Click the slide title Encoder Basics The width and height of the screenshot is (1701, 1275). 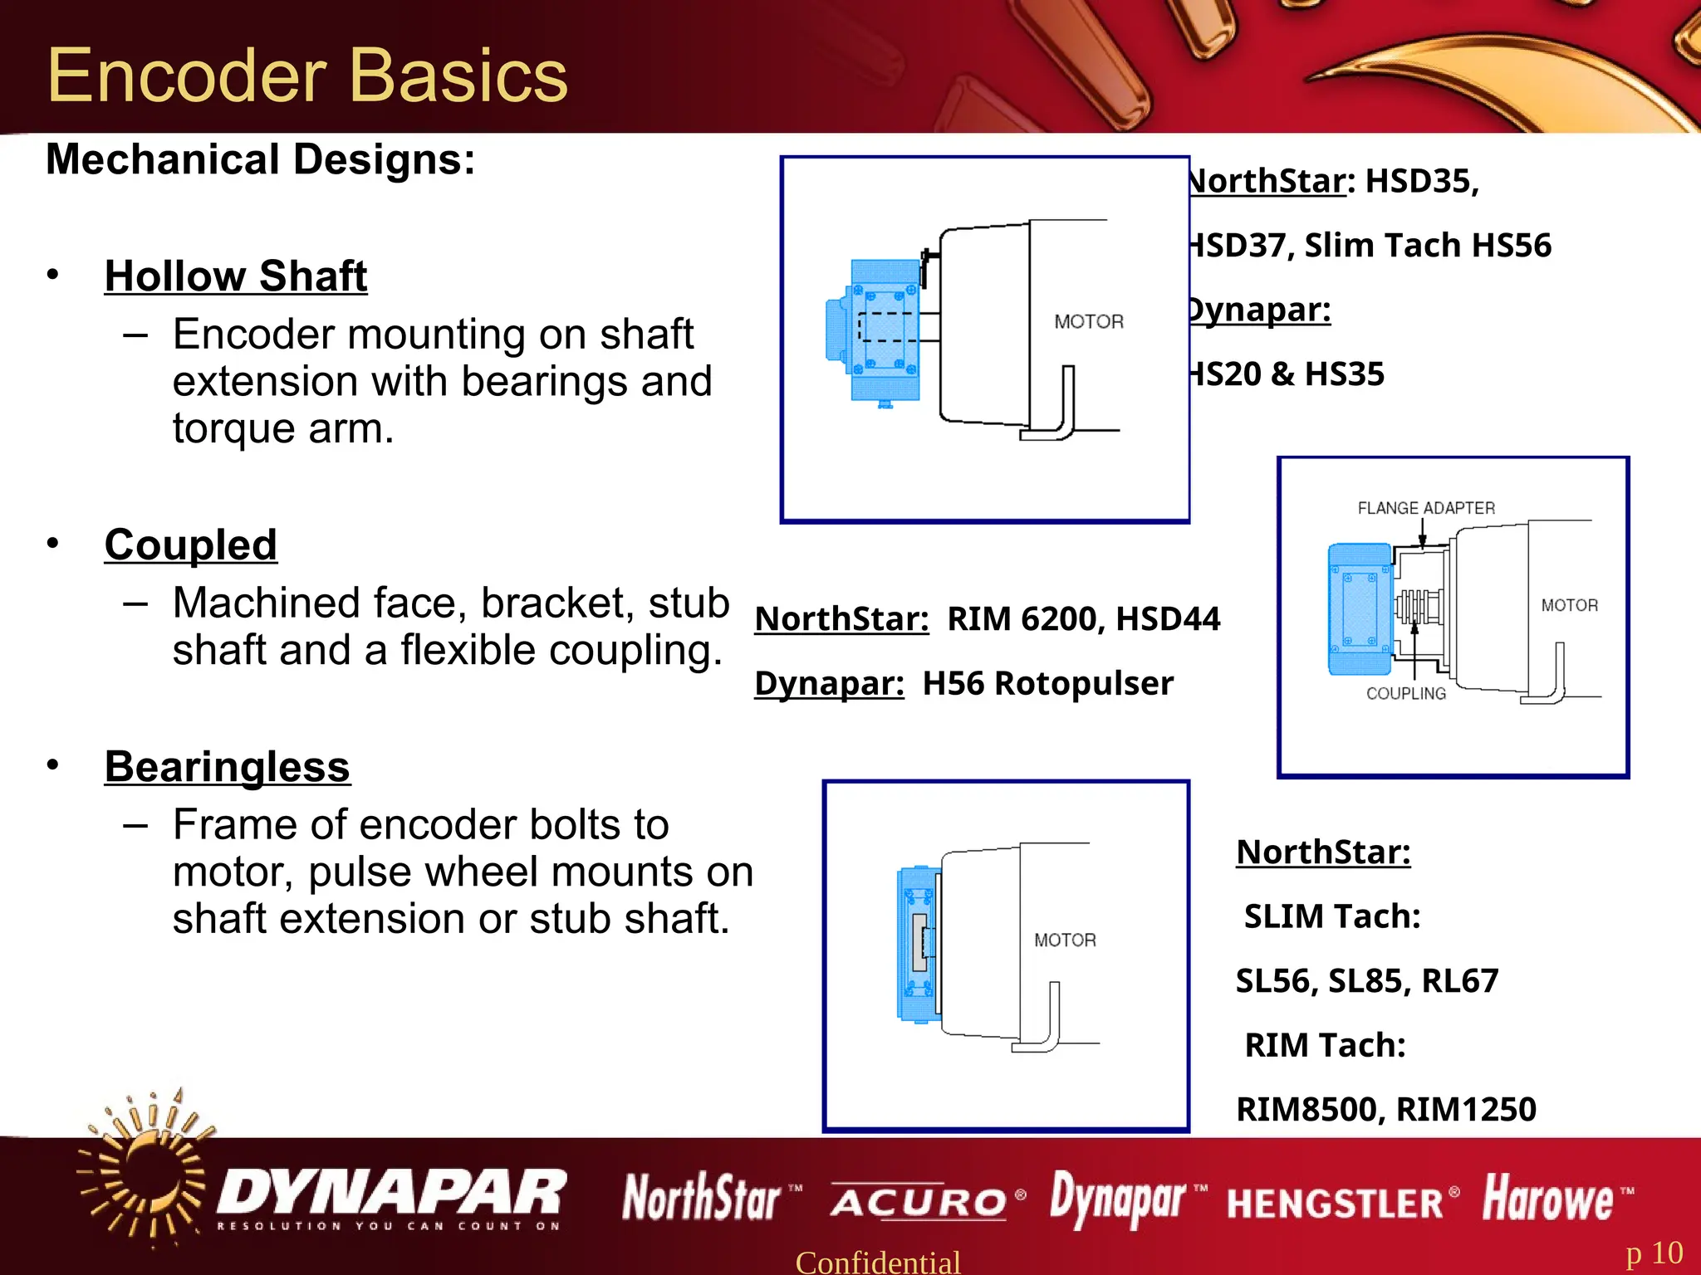(307, 76)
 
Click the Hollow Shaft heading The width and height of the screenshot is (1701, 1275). (236, 276)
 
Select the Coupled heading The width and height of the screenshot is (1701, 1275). (191, 545)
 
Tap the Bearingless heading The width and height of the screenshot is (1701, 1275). (228, 766)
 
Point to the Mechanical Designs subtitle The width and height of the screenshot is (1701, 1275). (261, 159)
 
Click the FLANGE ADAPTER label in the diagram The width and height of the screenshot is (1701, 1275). (1426, 508)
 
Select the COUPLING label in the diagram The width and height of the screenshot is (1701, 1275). (1406, 693)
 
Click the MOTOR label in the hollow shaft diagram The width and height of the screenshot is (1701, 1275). (1089, 321)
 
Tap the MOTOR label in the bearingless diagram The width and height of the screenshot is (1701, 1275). (1065, 940)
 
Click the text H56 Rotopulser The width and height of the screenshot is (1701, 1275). (1048, 683)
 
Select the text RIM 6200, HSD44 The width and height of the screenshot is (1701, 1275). (1083, 618)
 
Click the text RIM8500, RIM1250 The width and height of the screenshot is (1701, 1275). (1386, 1109)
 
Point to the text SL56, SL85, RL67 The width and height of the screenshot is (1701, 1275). (1367, 980)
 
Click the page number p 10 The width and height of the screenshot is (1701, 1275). (1654, 1253)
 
